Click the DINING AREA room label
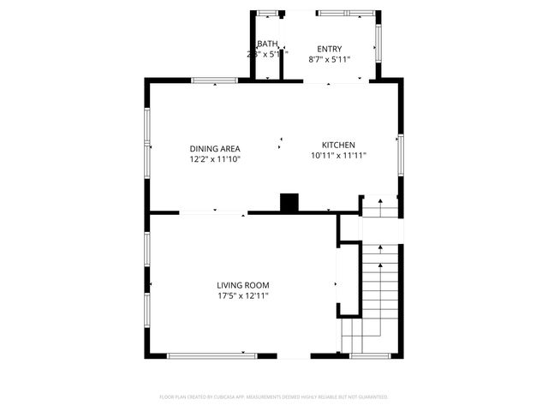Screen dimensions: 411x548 click(x=215, y=146)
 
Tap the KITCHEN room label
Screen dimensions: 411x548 click(x=338, y=145)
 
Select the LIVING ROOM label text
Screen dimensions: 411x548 click(x=243, y=285)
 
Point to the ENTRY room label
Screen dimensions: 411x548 click(x=329, y=49)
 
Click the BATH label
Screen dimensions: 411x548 click(x=267, y=44)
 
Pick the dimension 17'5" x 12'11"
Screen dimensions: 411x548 click(x=243, y=296)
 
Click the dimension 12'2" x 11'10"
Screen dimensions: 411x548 click(x=215, y=158)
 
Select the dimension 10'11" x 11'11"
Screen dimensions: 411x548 click(x=338, y=156)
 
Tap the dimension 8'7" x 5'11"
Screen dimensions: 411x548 click(x=329, y=60)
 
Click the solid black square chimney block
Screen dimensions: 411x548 click(x=290, y=203)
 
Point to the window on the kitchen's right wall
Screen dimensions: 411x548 click(x=400, y=154)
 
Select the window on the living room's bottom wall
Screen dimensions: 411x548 click(x=212, y=355)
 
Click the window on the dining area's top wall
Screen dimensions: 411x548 click(x=214, y=81)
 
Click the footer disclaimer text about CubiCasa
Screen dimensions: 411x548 click(x=274, y=396)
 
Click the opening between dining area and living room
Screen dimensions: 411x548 click(x=213, y=212)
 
